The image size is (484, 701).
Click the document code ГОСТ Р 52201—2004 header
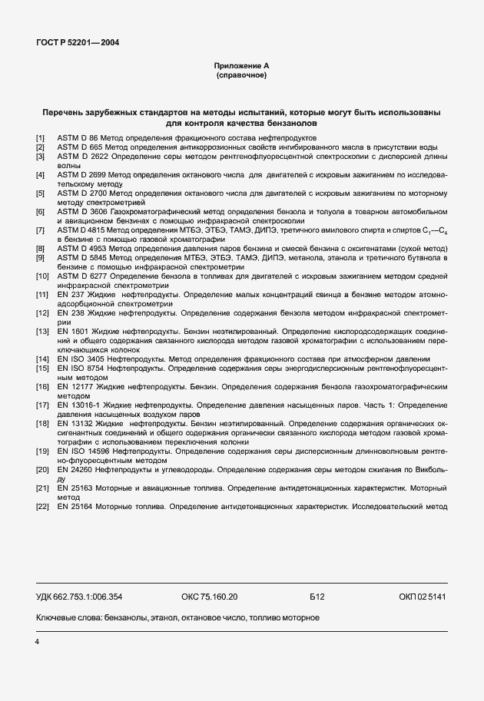tap(78, 43)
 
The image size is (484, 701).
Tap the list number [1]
tap(41, 137)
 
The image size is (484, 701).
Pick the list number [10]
tap(43, 275)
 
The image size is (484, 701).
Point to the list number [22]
tap(43, 506)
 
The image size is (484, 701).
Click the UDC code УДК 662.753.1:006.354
tap(79, 597)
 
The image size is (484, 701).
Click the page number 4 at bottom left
tap(37, 640)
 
